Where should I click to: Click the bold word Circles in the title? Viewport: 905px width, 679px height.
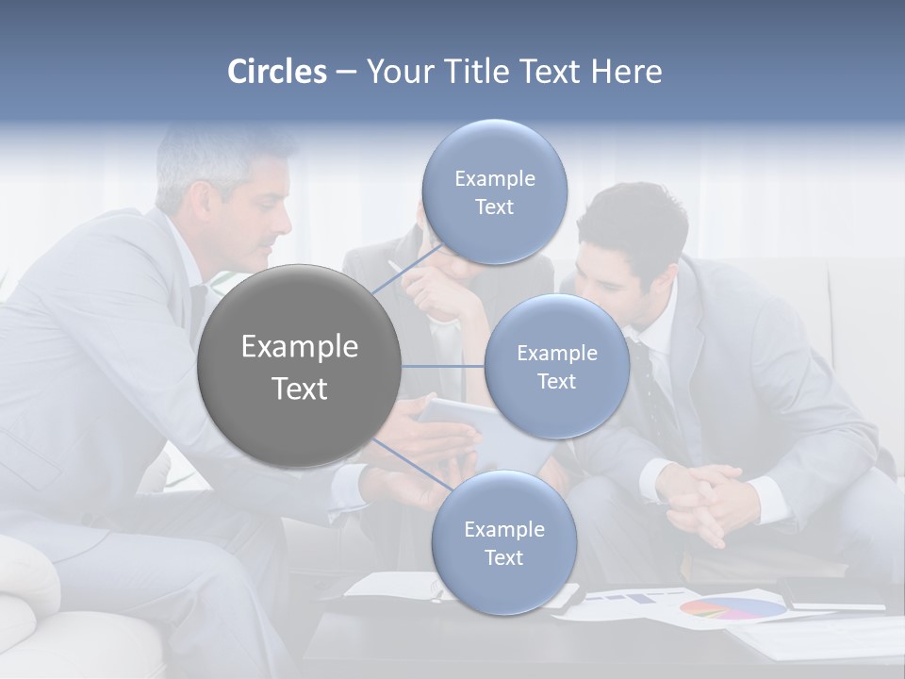pyautogui.click(x=277, y=72)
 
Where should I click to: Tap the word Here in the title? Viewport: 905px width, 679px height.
pyautogui.click(x=626, y=72)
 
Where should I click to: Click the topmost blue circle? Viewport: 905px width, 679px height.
pyautogui.click(x=494, y=191)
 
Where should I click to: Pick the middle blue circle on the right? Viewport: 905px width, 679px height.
pyautogui.click(x=556, y=366)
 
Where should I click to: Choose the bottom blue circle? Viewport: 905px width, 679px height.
pyautogui.click(x=503, y=543)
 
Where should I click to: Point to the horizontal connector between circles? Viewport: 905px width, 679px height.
pyautogui.click(x=443, y=366)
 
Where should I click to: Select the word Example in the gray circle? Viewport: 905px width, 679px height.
pyautogui.click(x=300, y=347)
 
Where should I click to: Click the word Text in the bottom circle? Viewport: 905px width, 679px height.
pyautogui.click(x=503, y=557)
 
